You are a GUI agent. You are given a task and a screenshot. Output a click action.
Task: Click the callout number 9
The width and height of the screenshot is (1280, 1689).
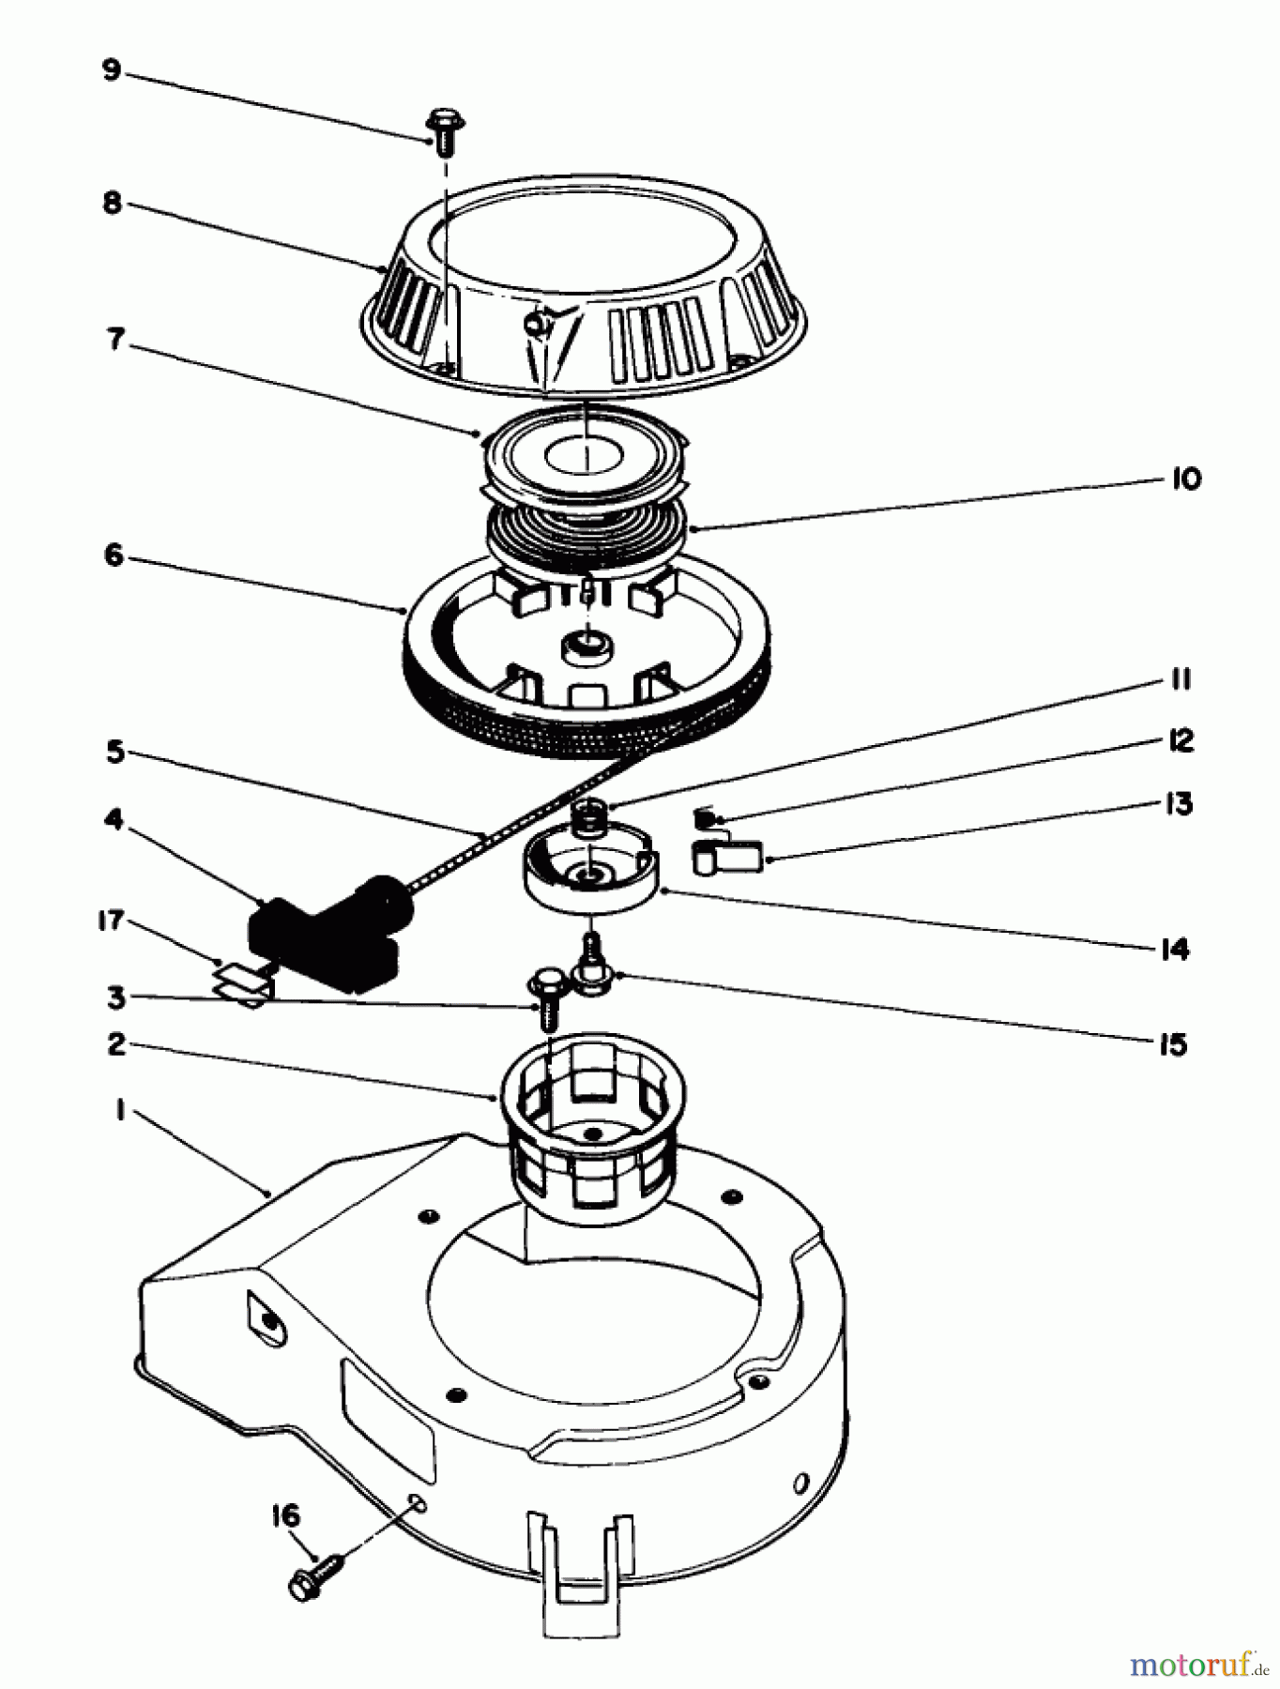[112, 70]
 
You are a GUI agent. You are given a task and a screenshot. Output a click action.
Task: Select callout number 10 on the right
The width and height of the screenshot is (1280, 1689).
[1186, 479]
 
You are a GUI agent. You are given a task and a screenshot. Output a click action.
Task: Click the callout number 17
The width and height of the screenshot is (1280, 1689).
[112, 921]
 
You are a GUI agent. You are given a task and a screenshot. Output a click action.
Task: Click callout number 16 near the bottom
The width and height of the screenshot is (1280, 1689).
[286, 1516]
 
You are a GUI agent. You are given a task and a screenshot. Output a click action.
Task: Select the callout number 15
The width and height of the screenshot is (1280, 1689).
[1173, 1044]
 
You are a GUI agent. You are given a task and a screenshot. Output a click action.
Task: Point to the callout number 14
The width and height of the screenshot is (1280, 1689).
[1175, 949]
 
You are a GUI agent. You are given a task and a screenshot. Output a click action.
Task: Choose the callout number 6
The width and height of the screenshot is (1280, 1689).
[114, 555]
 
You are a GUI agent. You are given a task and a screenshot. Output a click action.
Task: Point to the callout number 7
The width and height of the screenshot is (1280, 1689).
[115, 339]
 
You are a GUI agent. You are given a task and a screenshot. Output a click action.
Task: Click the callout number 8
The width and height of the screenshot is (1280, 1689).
[112, 204]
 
